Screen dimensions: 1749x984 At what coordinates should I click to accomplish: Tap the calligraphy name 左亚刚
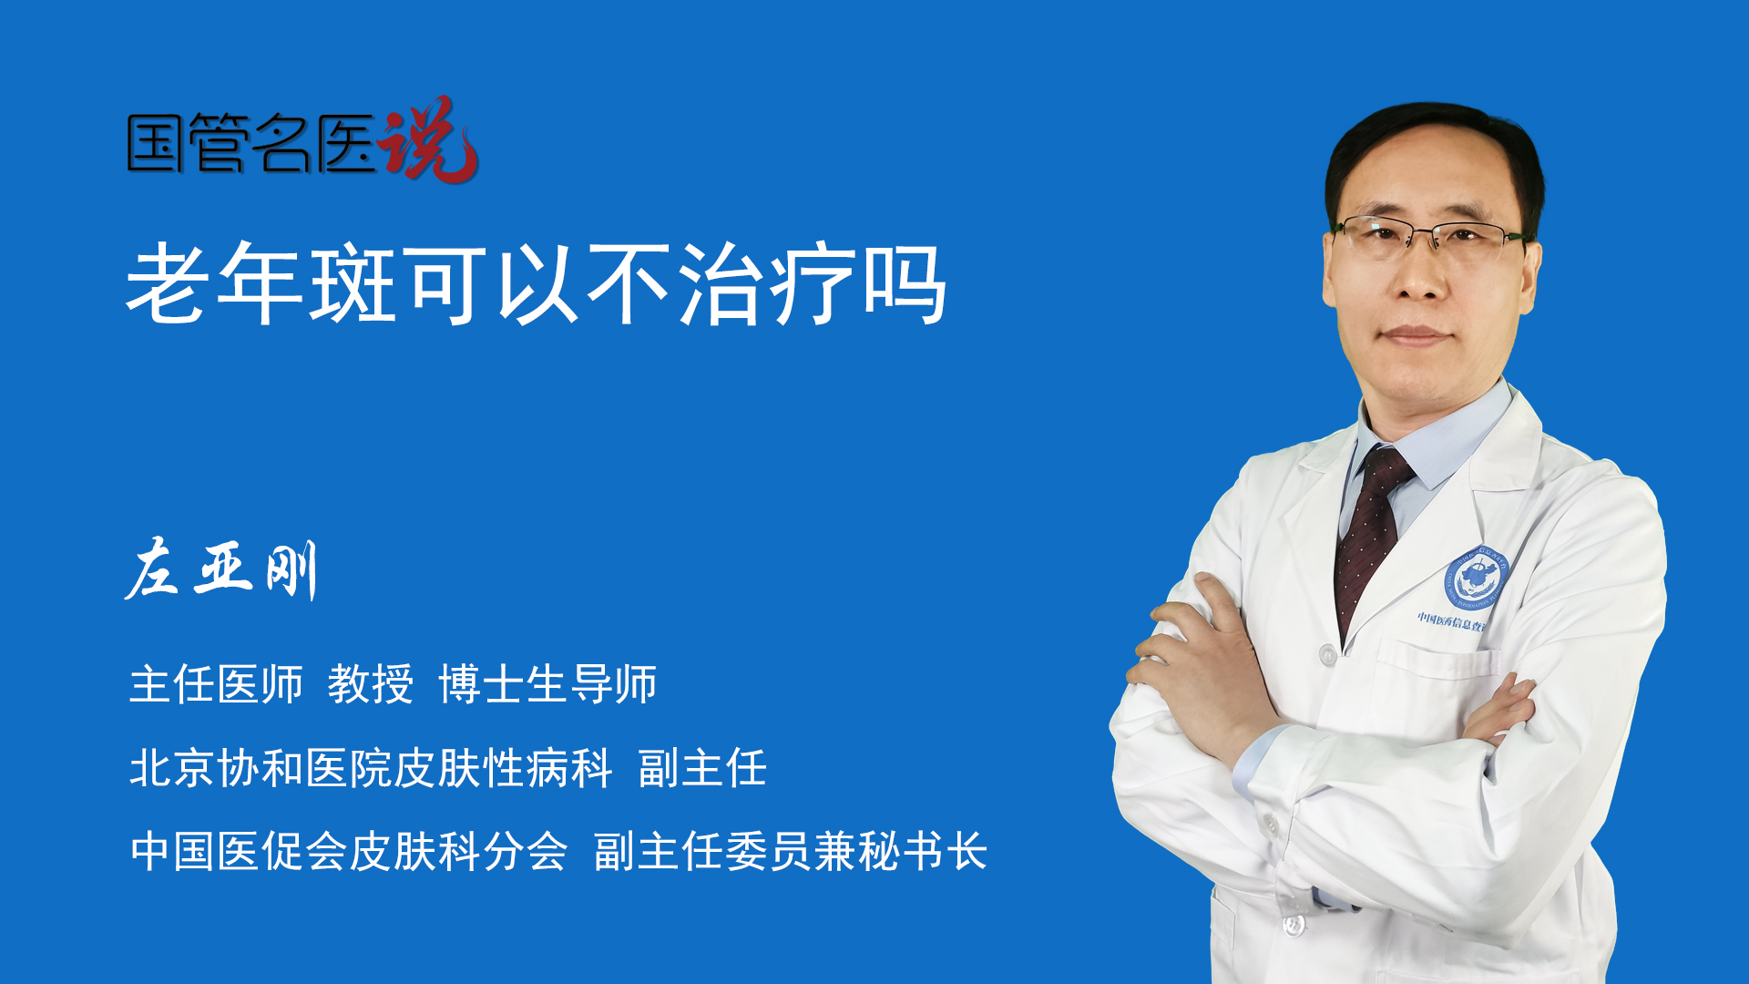pyautogui.click(x=221, y=569)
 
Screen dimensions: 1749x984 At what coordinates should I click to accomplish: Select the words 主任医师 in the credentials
pyautogui.click(x=216, y=684)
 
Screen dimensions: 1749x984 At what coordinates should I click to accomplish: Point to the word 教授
pyautogui.click(x=371, y=684)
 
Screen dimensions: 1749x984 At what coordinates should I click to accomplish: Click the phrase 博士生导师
pyautogui.click(x=547, y=684)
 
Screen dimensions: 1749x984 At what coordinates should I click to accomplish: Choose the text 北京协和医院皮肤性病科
pyautogui.click(x=371, y=768)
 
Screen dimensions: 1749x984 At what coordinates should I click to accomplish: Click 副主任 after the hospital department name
pyautogui.click(x=702, y=768)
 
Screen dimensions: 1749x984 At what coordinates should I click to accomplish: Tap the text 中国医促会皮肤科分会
pyautogui.click(x=349, y=852)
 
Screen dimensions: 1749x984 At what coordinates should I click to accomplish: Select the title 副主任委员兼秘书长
pyautogui.click(x=791, y=852)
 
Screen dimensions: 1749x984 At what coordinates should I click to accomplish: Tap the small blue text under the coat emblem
pyautogui.click(x=1451, y=621)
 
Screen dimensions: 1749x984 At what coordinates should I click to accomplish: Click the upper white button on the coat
pyautogui.click(x=1327, y=654)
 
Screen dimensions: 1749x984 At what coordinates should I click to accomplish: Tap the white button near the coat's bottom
pyautogui.click(x=1293, y=926)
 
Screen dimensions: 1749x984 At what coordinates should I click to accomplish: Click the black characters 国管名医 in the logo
pyautogui.click(x=251, y=143)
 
